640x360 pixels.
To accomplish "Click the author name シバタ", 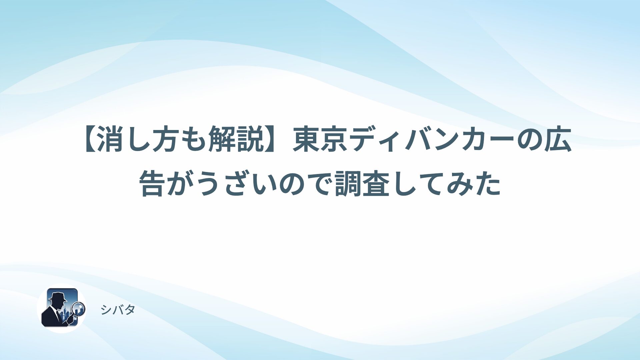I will tap(118, 310).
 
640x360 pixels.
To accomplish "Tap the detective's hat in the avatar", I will tap(58, 296).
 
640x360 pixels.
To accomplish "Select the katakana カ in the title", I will tap(474, 140).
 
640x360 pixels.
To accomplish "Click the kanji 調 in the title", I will tap(348, 183).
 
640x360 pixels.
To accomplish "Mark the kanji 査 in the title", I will tap(376, 183).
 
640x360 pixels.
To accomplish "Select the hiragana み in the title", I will tap(460, 183).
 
